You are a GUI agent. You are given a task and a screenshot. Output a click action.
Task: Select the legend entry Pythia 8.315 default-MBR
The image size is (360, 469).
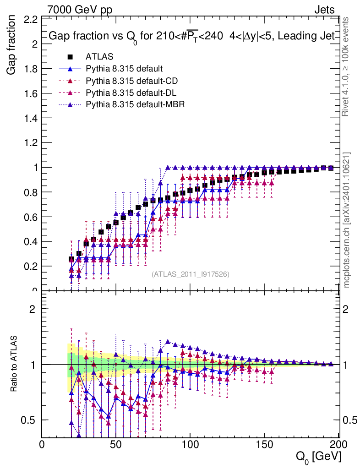pos(135,104)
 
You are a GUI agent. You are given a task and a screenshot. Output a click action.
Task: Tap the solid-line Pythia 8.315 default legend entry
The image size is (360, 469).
pos(124,69)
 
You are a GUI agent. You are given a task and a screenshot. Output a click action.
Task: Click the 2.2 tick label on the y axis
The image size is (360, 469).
pos(31,20)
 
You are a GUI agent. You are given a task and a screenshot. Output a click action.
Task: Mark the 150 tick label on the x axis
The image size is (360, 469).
pos(264,444)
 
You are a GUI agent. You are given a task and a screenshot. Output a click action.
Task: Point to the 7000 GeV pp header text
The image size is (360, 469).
pos(80,9)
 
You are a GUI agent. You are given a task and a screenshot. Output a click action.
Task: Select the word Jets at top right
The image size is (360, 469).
pos(324,9)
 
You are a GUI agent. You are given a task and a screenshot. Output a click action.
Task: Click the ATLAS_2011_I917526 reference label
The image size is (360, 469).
pos(191,274)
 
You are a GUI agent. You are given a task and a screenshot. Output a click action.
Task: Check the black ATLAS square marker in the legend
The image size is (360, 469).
pos(70,57)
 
